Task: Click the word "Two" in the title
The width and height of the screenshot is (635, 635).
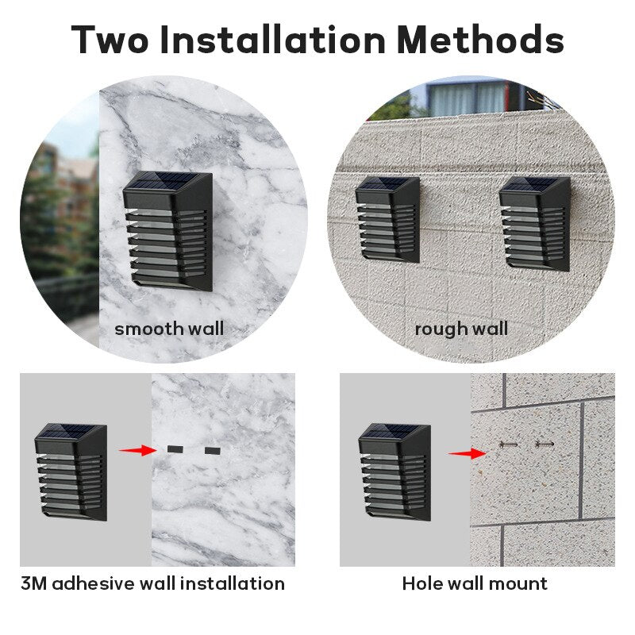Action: pos(110,39)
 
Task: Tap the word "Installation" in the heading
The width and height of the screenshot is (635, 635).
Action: pos(272,39)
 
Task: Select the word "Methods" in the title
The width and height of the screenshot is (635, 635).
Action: pos(481,39)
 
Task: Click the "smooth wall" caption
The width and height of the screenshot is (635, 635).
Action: pos(169,329)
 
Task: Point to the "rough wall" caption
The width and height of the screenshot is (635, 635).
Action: pos(461,329)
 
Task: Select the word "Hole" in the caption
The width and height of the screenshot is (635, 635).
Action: pos(421,583)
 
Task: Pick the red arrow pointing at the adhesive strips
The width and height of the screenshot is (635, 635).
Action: pos(137,450)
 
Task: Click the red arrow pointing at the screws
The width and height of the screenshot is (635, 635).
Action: pos(467,453)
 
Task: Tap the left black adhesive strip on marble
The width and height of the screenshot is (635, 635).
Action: pos(175,449)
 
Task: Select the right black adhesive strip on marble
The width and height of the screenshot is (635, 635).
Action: pos(213,450)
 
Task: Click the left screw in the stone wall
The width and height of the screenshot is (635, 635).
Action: pos(509,444)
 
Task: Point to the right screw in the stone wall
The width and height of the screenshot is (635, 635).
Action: pos(545,444)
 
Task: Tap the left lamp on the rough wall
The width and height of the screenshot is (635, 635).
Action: pos(387,220)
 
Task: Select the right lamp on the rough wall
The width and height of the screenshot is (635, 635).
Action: pos(535,223)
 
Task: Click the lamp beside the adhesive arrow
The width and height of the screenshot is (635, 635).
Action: pos(71,471)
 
